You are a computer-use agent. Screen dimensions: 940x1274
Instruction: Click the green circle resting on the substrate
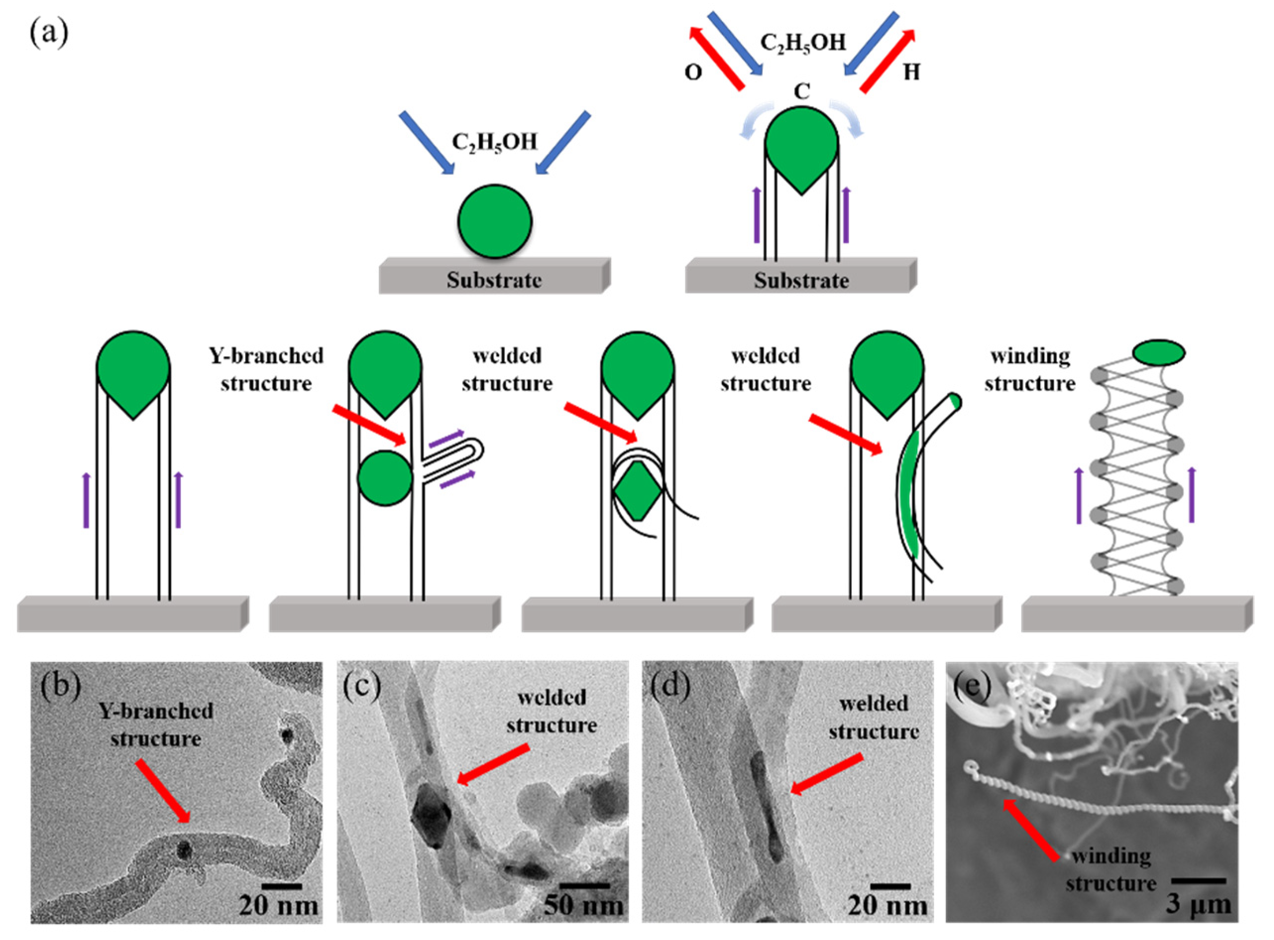coord(495,221)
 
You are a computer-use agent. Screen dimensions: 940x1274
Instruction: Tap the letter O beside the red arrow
coord(693,73)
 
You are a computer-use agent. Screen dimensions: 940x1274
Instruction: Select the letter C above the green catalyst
coord(801,92)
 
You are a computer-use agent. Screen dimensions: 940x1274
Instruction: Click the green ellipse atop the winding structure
coord(1159,352)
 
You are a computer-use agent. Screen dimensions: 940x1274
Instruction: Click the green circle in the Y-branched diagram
coord(385,478)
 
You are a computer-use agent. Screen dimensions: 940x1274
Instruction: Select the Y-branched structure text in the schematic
coord(266,369)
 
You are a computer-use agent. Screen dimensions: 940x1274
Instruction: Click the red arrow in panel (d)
coord(828,774)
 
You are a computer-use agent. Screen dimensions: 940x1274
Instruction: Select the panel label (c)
coord(362,687)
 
